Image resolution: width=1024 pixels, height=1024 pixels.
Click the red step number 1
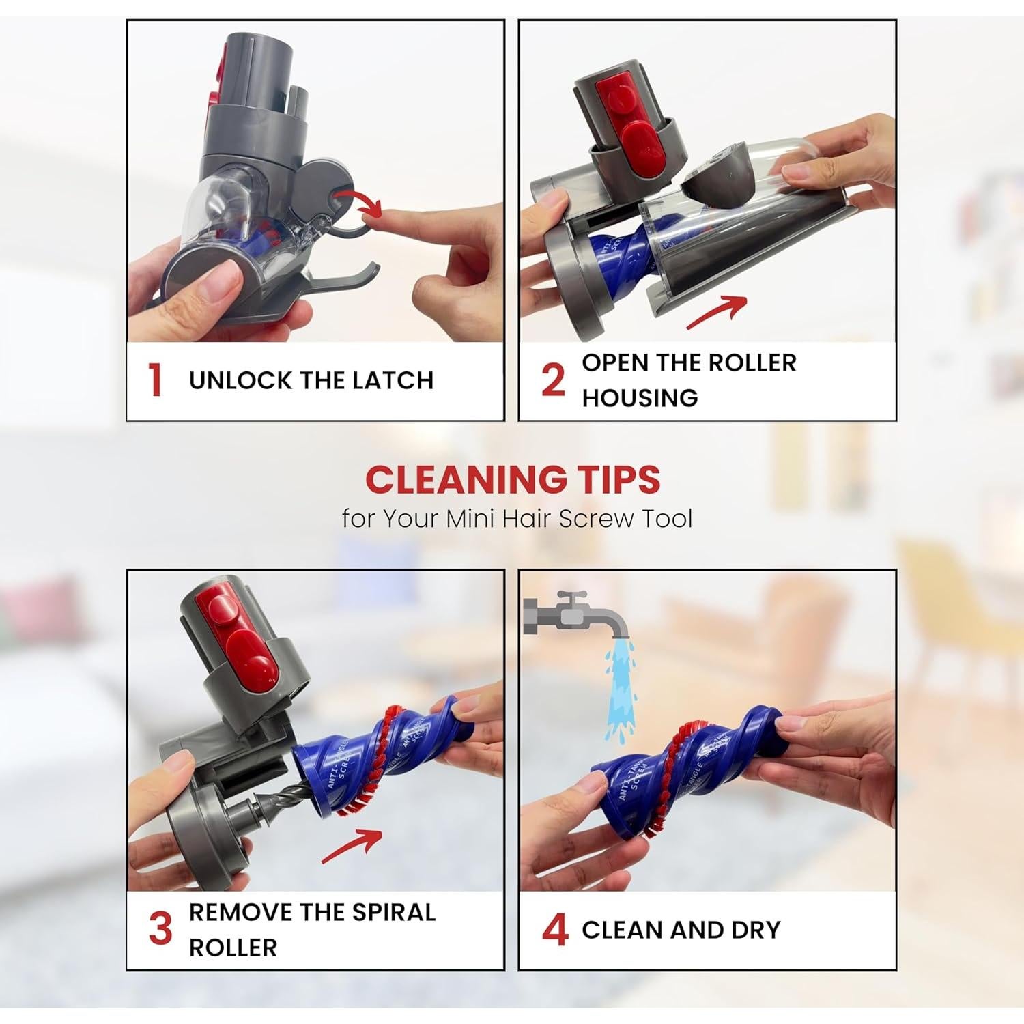(156, 380)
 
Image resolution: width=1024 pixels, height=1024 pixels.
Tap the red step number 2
(553, 380)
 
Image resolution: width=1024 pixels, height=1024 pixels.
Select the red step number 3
(160, 929)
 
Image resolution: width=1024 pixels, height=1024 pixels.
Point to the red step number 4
(555, 930)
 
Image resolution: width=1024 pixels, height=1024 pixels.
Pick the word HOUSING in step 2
(640, 398)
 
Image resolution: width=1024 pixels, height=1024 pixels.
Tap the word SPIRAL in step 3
(394, 912)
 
